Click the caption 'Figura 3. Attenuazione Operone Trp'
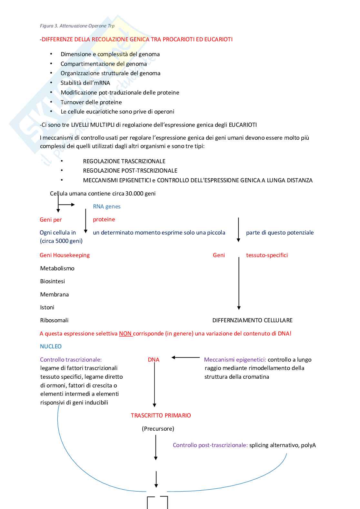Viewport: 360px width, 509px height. pyautogui.click(x=77, y=26)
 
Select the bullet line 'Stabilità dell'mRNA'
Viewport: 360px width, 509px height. pyautogui.click(x=85, y=83)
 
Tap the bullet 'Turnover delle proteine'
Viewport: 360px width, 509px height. pyautogui.click(x=91, y=102)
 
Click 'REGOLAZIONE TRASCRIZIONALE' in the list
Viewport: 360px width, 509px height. pyautogui.click(x=124, y=161)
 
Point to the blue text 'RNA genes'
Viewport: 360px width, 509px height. pyautogui.click(x=106, y=206)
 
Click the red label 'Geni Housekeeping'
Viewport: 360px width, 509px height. pyautogui.click(x=65, y=255)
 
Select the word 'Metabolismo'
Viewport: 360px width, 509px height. pyautogui.click(x=57, y=268)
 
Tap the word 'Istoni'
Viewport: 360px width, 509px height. pyautogui.click(x=47, y=307)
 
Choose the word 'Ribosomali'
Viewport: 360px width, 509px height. pyautogui.click(x=54, y=320)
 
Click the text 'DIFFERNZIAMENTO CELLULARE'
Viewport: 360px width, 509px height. pyautogui.click(x=252, y=320)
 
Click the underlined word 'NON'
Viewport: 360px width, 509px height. pyautogui.click(x=125, y=334)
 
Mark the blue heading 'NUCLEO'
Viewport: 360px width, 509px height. pyautogui.click(x=51, y=346)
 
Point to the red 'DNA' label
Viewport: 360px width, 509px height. pyautogui.click(x=154, y=360)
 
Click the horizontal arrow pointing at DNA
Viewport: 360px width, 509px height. pyautogui.click(x=185, y=357)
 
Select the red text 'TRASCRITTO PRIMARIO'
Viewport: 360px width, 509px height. pyautogui.click(x=161, y=415)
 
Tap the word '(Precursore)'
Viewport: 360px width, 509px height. pyautogui.click(x=158, y=429)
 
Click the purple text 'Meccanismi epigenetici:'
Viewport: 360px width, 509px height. pyautogui.click(x=235, y=360)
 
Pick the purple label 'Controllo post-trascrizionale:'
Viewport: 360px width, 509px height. pyautogui.click(x=210, y=445)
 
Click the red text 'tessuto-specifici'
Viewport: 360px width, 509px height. pyautogui.click(x=267, y=255)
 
